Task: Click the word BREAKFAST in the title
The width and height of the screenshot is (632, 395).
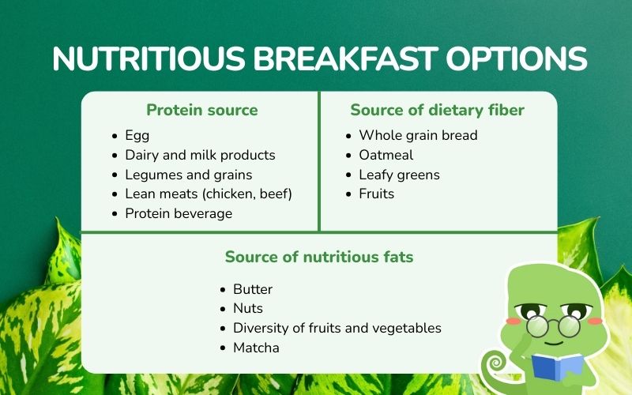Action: tap(345, 58)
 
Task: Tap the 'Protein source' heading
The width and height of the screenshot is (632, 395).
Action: tap(202, 110)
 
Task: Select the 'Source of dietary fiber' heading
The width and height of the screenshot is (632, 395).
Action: tap(438, 110)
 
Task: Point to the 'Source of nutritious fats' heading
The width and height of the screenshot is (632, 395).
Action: tap(319, 257)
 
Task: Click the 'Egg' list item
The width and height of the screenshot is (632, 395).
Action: tap(137, 135)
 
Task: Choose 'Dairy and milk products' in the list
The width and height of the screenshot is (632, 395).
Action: tap(201, 155)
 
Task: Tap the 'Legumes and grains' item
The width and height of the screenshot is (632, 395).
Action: tap(189, 175)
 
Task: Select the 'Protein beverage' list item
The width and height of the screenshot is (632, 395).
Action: tap(179, 213)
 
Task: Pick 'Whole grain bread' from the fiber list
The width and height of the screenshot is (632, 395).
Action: tap(419, 135)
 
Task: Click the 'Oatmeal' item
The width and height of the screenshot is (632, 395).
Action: tap(386, 155)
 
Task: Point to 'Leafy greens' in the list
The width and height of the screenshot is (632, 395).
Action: tap(400, 175)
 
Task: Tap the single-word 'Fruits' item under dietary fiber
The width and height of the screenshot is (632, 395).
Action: tap(377, 194)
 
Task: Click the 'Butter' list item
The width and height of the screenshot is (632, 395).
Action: tap(253, 289)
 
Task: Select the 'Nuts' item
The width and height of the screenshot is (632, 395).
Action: tap(248, 308)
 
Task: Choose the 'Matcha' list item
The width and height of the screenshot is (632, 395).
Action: tap(256, 348)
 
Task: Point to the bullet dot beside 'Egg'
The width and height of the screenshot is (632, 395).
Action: tap(115, 136)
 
